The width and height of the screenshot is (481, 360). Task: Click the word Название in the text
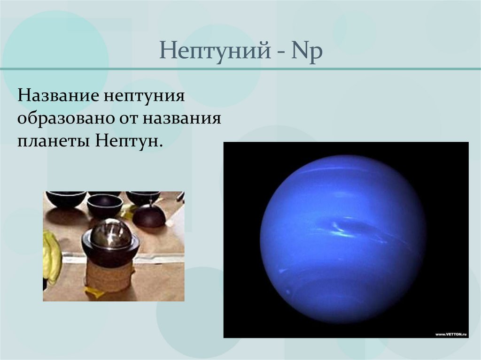59,97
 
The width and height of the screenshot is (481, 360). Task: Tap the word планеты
54,140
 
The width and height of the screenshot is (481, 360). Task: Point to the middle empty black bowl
105,205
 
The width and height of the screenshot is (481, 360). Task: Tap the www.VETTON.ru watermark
450,334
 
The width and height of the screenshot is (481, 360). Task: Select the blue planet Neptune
343,239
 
